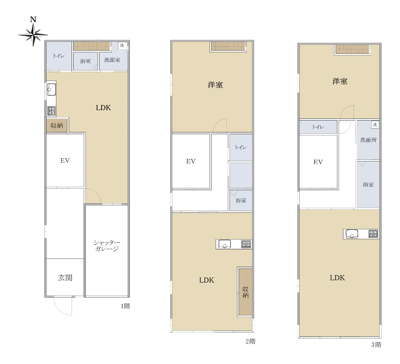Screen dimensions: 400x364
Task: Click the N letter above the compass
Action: (x=33, y=20)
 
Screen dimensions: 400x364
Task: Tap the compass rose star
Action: (x=33, y=35)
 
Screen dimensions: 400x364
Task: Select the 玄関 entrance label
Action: (x=65, y=277)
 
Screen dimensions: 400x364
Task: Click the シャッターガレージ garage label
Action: (x=107, y=246)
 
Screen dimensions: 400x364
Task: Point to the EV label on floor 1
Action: (x=65, y=160)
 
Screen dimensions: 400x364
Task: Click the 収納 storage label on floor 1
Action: (x=57, y=125)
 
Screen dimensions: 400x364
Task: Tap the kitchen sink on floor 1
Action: (x=51, y=90)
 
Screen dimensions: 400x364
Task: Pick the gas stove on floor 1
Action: (x=51, y=111)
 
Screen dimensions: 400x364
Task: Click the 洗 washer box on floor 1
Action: (x=122, y=45)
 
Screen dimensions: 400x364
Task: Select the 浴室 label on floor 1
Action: (x=86, y=61)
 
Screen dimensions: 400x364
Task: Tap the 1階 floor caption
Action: (x=125, y=306)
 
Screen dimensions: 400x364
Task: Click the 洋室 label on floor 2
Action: (x=215, y=85)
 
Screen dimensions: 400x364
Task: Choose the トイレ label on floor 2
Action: (x=241, y=147)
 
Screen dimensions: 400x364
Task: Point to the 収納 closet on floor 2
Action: (x=245, y=292)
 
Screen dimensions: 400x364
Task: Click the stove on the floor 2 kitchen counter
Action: (x=246, y=244)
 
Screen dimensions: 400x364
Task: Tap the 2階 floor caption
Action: (x=250, y=341)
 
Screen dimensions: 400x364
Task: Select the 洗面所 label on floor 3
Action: (x=368, y=140)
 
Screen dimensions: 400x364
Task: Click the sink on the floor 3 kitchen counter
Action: (x=352, y=234)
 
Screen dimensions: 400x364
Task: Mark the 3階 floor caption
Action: (x=376, y=345)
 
